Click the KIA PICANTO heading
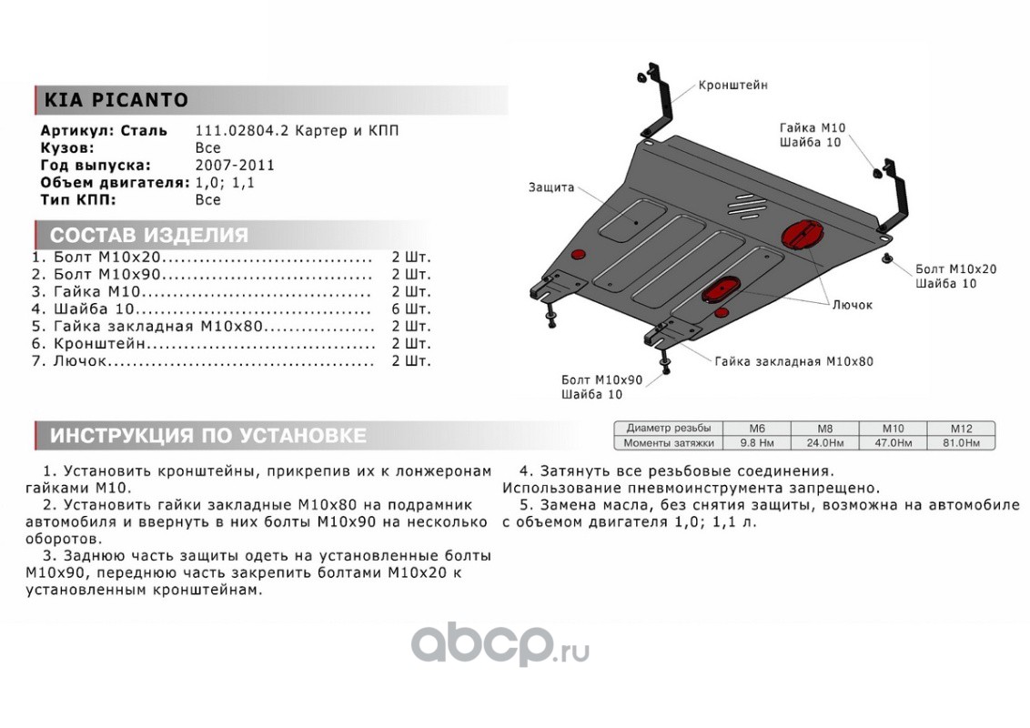pos(116,100)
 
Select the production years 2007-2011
pos(235,166)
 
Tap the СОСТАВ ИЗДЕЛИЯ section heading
pos(148,235)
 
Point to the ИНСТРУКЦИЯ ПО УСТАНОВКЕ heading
pos(207,436)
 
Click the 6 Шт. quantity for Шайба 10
pos(410,308)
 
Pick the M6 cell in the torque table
pos(756,428)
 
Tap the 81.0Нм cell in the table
pos(960,443)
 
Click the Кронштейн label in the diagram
pos(732,85)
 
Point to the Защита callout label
pos(550,187)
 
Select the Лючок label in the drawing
pos(852,305)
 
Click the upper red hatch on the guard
pos(802,233)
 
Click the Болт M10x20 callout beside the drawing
pos(955,269)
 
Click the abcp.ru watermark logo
pos(500,647)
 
